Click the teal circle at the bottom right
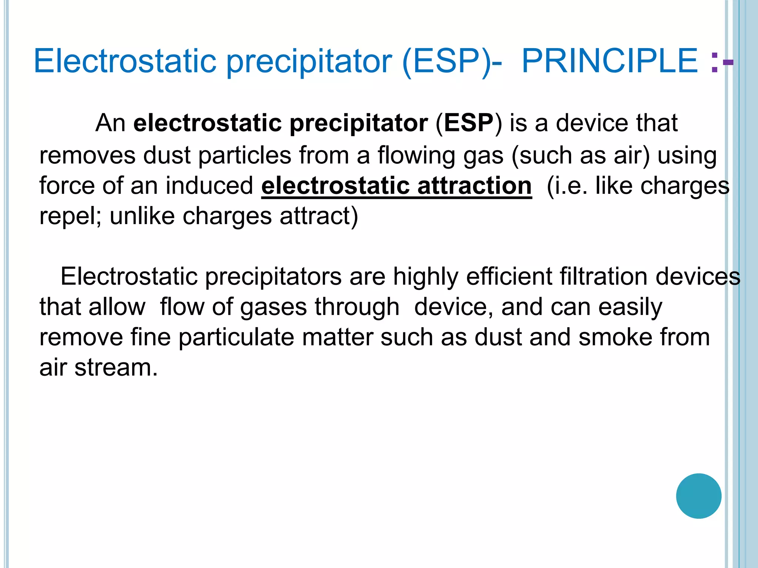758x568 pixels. tap(698, 496)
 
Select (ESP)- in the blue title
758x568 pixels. tap(452, 61)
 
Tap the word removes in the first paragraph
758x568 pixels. tap(87, 155)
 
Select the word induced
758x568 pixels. tap(209, 186)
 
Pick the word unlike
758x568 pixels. tap(142, 216)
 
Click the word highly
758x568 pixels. tap(426, 277)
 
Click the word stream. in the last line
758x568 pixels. tap(116, 368)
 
